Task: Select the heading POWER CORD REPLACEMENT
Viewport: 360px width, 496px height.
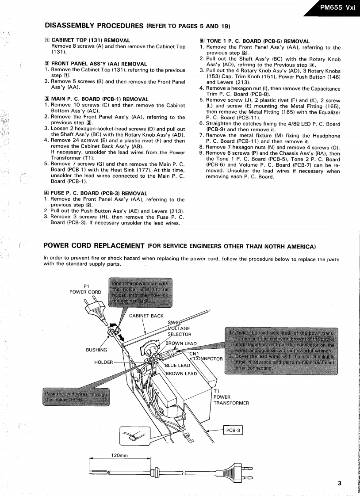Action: coord(94,246)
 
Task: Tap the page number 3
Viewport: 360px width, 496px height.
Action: coord(339,483)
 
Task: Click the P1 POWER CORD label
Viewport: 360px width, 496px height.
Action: coord(85,289)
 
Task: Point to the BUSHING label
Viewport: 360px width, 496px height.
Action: coord(96,350)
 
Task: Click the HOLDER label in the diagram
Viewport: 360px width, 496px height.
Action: coord(103,362)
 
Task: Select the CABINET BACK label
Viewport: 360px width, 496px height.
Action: coord(146,316)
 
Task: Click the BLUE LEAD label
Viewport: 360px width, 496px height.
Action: coord(177,365)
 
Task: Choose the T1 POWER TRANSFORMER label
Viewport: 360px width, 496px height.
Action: coord(231,397)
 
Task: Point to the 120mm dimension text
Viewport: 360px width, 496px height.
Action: coord(119,455)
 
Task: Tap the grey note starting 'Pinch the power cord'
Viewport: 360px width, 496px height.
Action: coord(140,291)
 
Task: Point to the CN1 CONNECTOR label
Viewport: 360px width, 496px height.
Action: coord(206,356)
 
